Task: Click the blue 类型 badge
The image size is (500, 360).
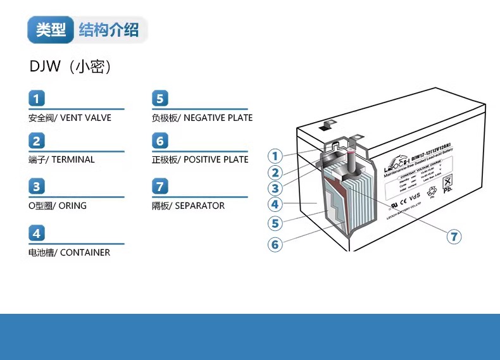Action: point(51,30)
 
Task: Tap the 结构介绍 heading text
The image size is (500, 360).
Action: point(109,30)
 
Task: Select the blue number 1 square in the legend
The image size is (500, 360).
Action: point(37,98)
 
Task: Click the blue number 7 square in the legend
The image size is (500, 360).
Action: point(161,186)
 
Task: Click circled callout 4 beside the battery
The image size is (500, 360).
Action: point(275,204)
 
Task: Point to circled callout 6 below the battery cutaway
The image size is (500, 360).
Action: point(275,244)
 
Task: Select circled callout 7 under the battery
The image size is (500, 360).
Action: point(454,237)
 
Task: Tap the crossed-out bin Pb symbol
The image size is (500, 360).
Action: point(448,183)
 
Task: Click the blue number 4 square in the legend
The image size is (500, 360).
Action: point(37,233)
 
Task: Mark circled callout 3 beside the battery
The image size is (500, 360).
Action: point(275,188)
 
